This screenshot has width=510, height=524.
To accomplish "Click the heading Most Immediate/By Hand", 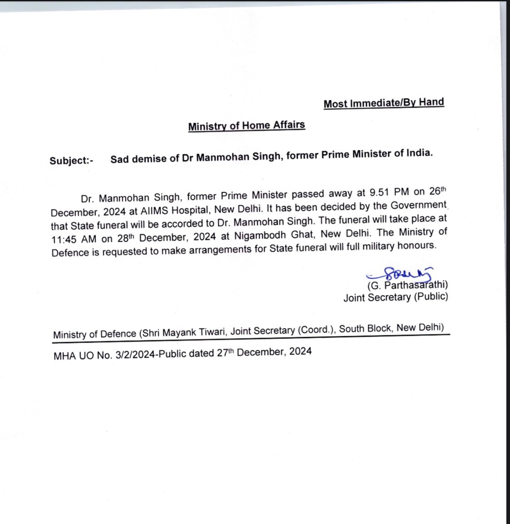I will (384, 103).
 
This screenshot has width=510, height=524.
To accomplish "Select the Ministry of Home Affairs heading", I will (246, 125).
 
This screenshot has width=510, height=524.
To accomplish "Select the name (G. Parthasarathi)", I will (407, 285).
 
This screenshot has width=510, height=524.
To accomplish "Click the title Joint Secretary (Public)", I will (395, 297).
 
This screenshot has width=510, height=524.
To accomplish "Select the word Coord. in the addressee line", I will (315, 330).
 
